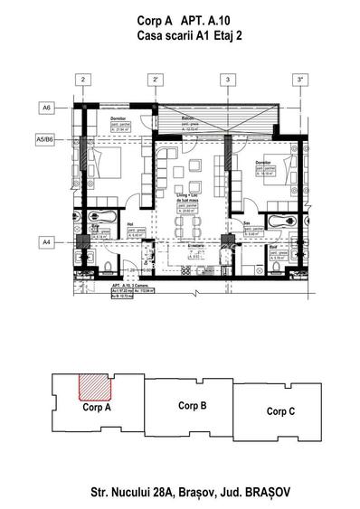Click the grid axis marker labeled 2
coord(82,80)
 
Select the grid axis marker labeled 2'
coord(156,80)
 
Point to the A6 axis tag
coord(45,107)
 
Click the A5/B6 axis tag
coord(44,140)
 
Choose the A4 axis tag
coord(45,242)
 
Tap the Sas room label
coord(246,222)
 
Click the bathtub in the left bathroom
coord(99,218)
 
